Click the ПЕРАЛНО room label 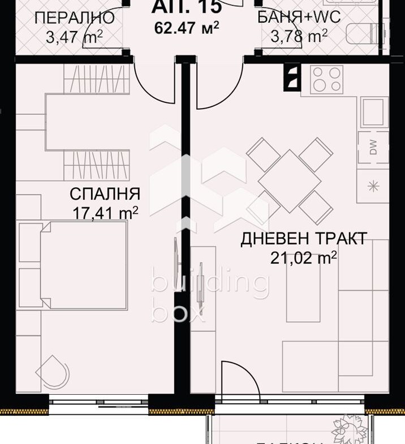[x=74, y=18]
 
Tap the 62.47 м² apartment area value [x=187, y=28]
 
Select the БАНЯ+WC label [x=299, y=18]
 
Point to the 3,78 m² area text [x=299, y=37]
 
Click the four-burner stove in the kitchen [x=327, y=79]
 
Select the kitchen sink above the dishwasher [x=373, y=112]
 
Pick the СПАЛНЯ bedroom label [x=105, y=194]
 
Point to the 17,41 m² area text [x=105, y=213]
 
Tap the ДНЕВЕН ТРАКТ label [x=304, y=239]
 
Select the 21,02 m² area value [x=304, y=258]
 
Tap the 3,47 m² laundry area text [x=74, y=37]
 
